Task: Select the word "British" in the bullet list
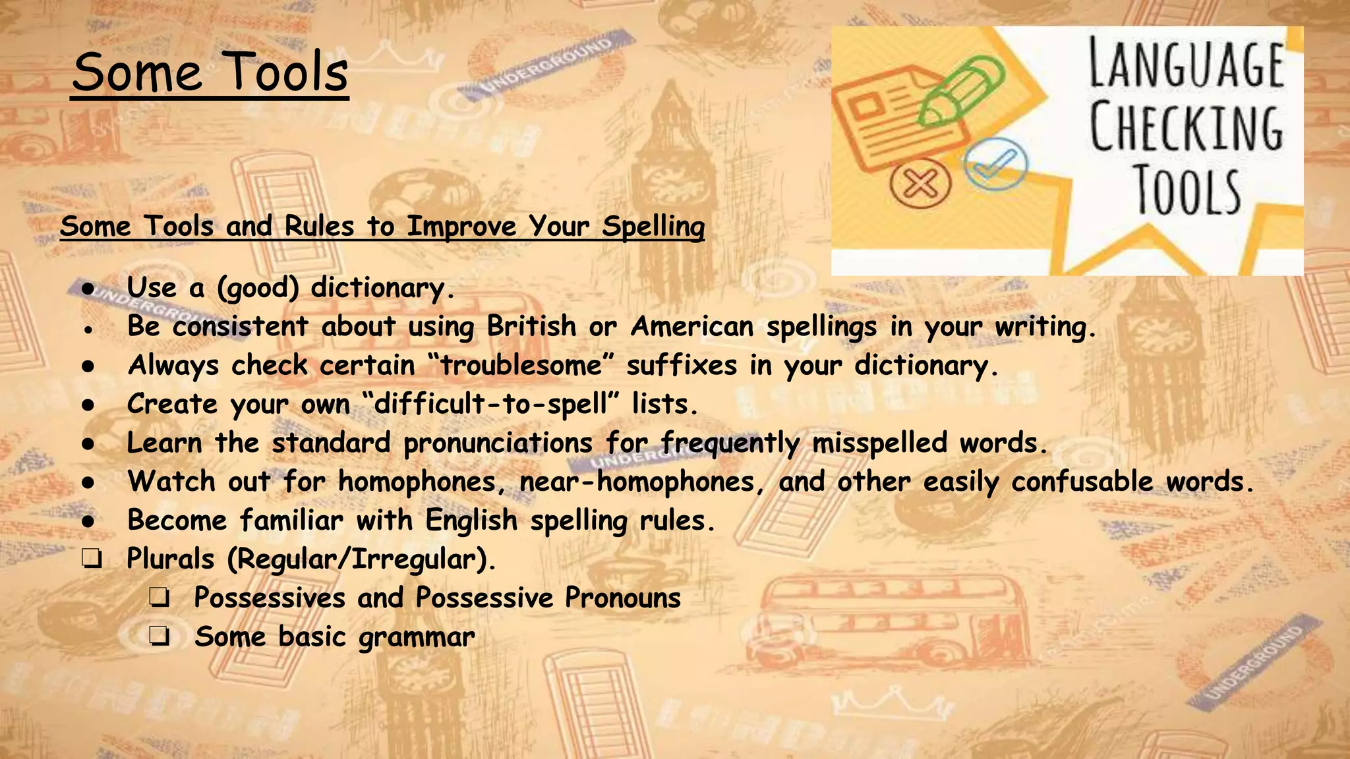pos(531,326)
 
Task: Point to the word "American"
pos(691,326)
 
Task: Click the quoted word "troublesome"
pos(521,366)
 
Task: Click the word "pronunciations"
pos(498,443)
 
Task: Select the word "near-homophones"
pos(637,482)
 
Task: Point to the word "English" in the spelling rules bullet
pos(471,520)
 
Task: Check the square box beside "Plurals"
pos(92,559)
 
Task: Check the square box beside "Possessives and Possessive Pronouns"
pos(159,598)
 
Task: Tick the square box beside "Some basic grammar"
pos(159,637)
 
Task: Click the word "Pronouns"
pos(622,598)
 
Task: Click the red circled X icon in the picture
pos(920,183)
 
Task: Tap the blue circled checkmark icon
pos(995,163)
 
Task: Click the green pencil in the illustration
pos(961,91)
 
